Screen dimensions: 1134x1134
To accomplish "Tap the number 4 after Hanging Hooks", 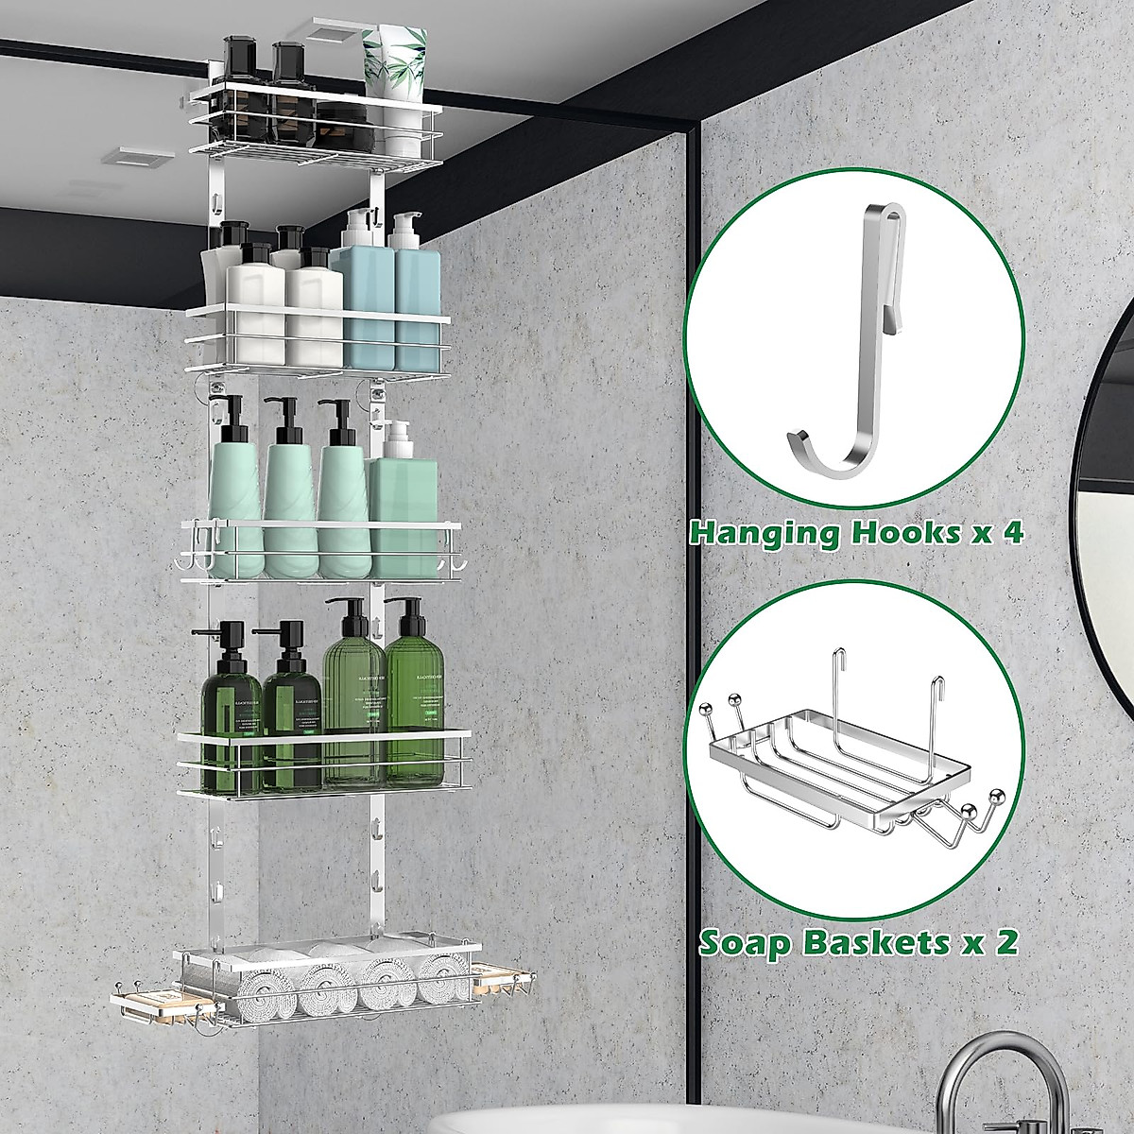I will click(x=1012, y=532).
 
